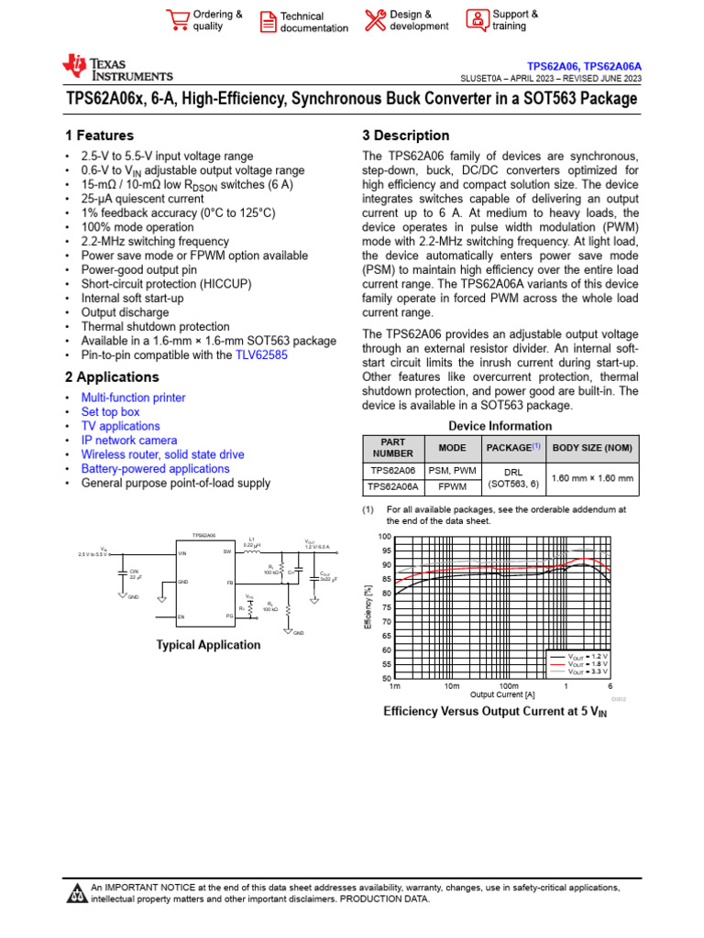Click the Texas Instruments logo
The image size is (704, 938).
click(116, 68)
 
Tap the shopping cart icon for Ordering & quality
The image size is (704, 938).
click(177, 20)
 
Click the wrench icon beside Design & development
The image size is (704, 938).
click(375, 20)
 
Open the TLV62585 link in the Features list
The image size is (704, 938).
click(261, 355)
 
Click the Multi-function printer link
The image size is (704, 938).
click(133, 398)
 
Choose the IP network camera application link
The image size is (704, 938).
click(129, 440)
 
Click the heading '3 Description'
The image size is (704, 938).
click(406, 136)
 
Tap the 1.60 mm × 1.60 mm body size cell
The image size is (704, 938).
click(591, 478)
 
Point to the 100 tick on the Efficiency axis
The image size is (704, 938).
click(384, 536)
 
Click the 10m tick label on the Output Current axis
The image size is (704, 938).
click(451, 686)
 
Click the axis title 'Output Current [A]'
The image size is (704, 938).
click(502, 694)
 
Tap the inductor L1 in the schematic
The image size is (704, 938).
click(250, 551)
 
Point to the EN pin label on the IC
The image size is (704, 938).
click(181, 616)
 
